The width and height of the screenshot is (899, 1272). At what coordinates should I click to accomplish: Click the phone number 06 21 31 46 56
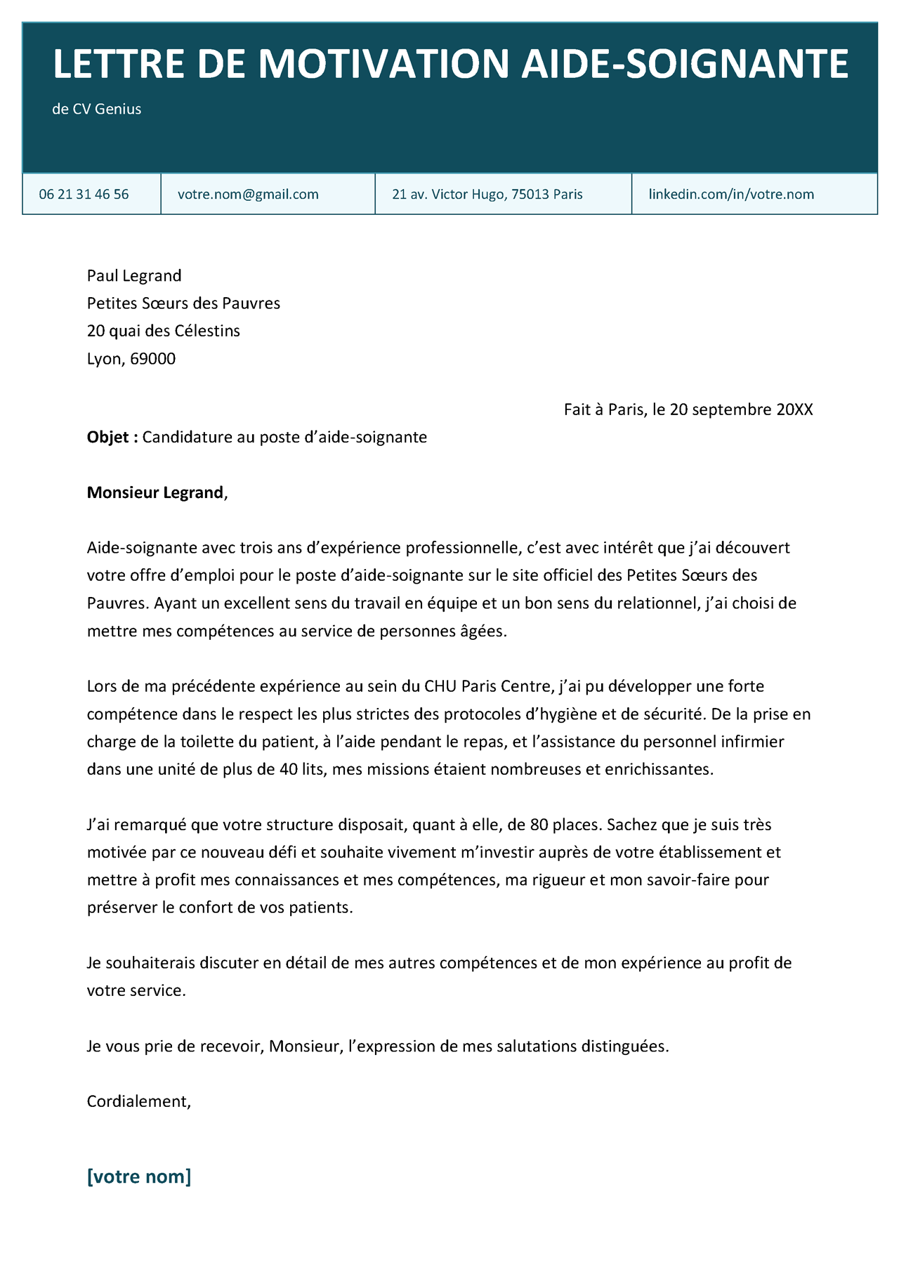click(84, 195)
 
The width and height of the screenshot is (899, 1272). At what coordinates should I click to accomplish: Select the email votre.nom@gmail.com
click(248, 195)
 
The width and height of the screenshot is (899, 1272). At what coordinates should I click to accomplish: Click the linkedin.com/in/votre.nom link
click(731, 195)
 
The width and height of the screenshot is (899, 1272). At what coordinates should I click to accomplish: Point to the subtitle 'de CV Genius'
click(97, 110)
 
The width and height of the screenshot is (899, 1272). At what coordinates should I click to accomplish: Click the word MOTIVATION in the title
click(383, 65)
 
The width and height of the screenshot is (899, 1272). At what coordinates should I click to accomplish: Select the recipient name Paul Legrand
click(134, 275)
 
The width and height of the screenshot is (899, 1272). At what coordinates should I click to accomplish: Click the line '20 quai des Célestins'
click(164, 331)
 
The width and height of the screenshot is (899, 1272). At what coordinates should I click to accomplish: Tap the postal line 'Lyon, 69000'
click(131, 359)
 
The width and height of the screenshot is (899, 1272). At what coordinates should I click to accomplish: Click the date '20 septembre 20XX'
click(741, 409)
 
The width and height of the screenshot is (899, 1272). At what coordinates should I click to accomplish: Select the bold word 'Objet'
click(108, 438)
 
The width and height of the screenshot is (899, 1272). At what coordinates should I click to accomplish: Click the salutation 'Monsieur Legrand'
click(155, 493)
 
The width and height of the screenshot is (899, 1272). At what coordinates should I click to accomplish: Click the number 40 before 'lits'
click(288, 769)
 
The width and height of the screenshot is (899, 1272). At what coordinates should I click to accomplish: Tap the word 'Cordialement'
click(138, 1101)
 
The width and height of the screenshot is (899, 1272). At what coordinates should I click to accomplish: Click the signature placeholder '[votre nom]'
click(139, 1176)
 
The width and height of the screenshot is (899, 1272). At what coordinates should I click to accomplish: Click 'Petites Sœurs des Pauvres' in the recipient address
click(183, 303)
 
